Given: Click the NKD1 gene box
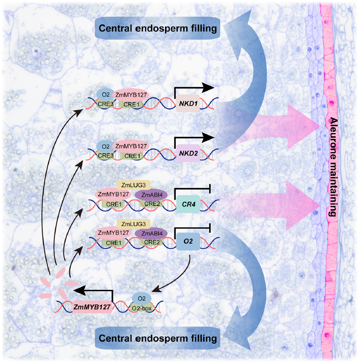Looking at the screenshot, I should click(x=187, y=104).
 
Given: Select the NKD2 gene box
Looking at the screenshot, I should click(x=188, y=153).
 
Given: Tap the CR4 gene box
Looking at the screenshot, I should click(x=187, y=205).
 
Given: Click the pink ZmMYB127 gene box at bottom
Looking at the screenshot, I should click(x=92, y=306).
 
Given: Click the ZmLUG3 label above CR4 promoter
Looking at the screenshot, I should click(x=133, y=185).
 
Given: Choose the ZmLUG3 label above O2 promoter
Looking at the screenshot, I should click(x=133, y=224).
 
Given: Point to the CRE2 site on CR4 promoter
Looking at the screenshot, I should click(x=152, y=204).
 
